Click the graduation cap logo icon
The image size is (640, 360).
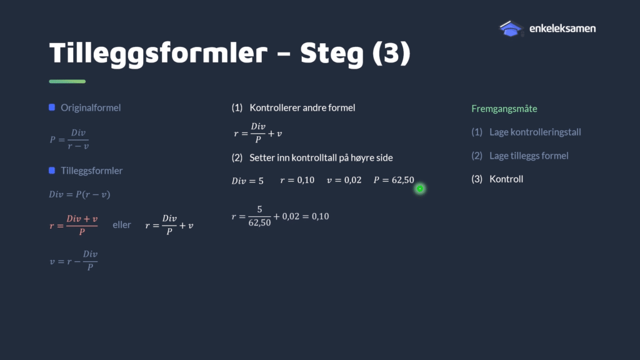coord(511,29)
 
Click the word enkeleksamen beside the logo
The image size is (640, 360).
coord(562,29)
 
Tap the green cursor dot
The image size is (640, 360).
coord(420,189)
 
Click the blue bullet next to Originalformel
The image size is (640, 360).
coord(52,107)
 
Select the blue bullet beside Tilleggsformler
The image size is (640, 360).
coord(52,170)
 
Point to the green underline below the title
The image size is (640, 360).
coord(67,82)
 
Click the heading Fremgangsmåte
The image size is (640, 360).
coord(504,109)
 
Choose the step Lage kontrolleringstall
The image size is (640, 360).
coord(535,132)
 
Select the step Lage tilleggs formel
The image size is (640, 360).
coord(529,156)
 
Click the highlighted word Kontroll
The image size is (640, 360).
coord(506,179)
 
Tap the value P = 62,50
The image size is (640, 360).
coord(394,180)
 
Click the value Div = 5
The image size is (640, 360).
coord(247,181)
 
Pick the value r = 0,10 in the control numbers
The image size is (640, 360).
coord(297,180)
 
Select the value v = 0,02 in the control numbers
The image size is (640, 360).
coord(344,180)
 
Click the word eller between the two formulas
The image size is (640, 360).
coord(122,225)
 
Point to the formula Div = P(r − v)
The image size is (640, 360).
coord(79,194)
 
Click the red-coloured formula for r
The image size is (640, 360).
coord(74,225)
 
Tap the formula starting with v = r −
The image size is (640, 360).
coord(74,261)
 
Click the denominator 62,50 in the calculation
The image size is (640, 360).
coord(259,222)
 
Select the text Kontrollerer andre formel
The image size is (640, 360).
coord(302,107)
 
